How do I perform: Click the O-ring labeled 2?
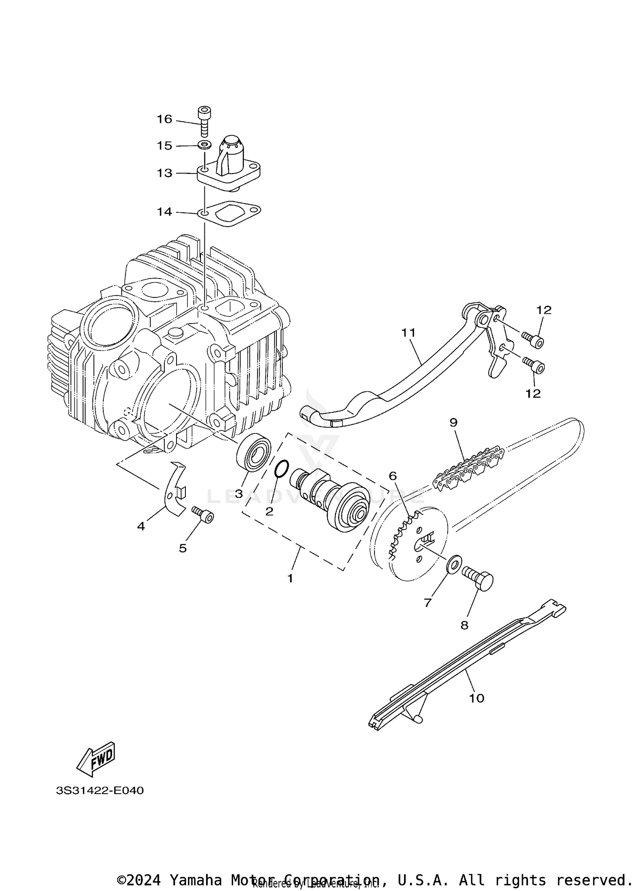281,469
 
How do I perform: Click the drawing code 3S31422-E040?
100,790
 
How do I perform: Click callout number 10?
477,698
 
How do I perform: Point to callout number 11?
408,333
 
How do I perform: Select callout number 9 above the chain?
453,422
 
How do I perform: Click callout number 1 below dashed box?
290,578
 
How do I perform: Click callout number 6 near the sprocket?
392,476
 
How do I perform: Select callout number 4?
141,526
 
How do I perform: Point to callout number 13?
165,173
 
